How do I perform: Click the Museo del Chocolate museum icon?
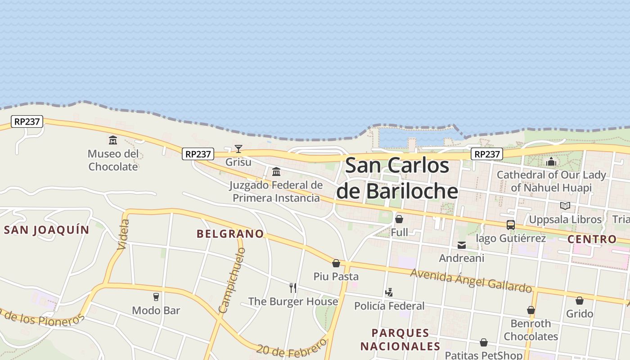pyautogui.click(x=113, y=140)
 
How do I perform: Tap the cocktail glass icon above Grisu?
pyautogui.click(x=238, y=149)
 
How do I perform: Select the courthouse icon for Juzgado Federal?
pyautogui.click(x=276, y=172)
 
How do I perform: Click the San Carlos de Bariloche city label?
pyautogui.click(x=397, y=178)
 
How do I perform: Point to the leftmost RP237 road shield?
pyautogui.click(x=27, y=121)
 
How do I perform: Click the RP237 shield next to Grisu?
pyautogui.click(x=198, y=154)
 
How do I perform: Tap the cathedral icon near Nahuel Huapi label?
pyautogui.click(x=551, y=162)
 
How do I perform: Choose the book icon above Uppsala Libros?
pyautogui.click(x=565, y=206)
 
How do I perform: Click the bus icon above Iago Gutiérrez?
pyautogui.click(x=510, y=225)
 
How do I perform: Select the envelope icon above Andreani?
pyautogui.click(x=462, y=245)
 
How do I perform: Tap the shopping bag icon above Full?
pyautogui.click(x=399, y=220)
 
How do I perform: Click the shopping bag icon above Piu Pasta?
pyautogui.click(x=336, y=263)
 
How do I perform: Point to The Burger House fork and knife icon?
pyautogui.click(x=293, y=288)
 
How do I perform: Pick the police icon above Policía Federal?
pyautogui.click(x=389, y=293)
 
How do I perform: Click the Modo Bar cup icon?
pyautogui.click(x=156, y=297)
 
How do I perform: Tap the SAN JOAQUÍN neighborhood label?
pyautogui.click(x=47, y=230)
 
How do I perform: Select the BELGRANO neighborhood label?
pyautogui.click(x=230, y=234)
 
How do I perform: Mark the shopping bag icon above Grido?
pyautogui.click(x=580, y=301)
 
